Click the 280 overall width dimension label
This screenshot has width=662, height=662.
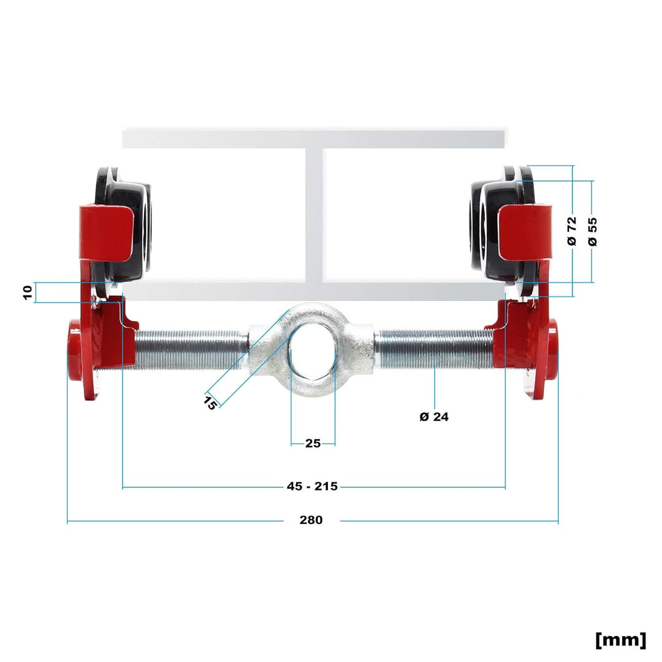coord(311,520)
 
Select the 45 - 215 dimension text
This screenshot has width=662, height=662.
coord(313,486)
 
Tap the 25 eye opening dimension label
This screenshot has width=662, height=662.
coord(313,443)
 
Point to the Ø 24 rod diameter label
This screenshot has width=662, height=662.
coord(434,417)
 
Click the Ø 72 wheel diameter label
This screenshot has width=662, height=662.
coord(572,231)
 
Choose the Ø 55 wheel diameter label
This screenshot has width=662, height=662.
coord(593,232)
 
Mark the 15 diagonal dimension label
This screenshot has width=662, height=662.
coord(210,402)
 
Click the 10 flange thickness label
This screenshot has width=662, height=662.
coord(28,292)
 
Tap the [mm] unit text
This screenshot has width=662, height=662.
coord(620,640)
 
